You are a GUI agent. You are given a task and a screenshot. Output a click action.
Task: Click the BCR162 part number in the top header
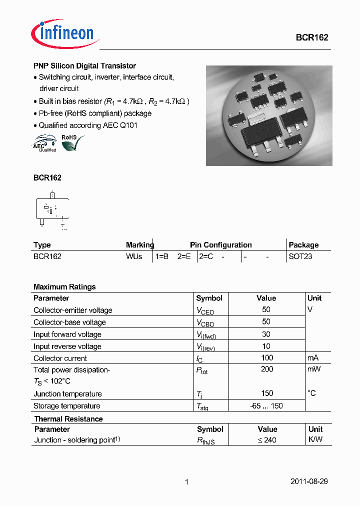click(x=311, y=38)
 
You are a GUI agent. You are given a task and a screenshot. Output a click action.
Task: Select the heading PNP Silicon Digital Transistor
click(x=84, y=65)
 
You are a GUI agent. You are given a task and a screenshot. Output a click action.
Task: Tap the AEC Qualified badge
click(x=45, y=143)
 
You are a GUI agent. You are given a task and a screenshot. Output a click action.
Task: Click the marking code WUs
click(x=134, y=256)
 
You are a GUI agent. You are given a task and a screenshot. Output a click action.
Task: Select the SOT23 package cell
click(x=300, y=256)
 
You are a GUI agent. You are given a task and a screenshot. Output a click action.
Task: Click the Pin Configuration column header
click(x=220, y=245)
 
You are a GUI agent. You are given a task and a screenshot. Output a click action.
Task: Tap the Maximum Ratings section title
click(x=64, y=287)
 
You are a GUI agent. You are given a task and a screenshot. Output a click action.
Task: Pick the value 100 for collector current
click(x=267, y=357)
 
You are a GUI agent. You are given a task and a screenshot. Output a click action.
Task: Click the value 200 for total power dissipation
click(x=267, y=369)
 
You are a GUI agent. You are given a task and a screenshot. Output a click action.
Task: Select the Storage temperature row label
click(x=66, y=406)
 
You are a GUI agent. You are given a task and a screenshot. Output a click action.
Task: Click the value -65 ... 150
click(x=266, y=406)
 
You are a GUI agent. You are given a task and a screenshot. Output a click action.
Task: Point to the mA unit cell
click(x=312, y=357)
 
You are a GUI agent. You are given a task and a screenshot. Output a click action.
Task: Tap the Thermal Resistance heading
click(x=68, y=419)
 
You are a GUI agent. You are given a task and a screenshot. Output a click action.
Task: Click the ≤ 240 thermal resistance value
click(x=267, y=440)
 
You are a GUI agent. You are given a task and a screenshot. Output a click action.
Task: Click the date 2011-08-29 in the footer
click(x=309, y=481)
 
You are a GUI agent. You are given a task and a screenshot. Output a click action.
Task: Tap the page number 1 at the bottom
click(x=186, y=482)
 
